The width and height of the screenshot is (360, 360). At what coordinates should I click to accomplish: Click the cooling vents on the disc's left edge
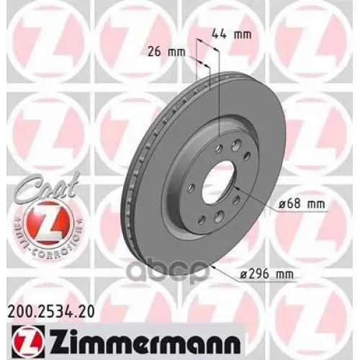coord(131,180)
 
